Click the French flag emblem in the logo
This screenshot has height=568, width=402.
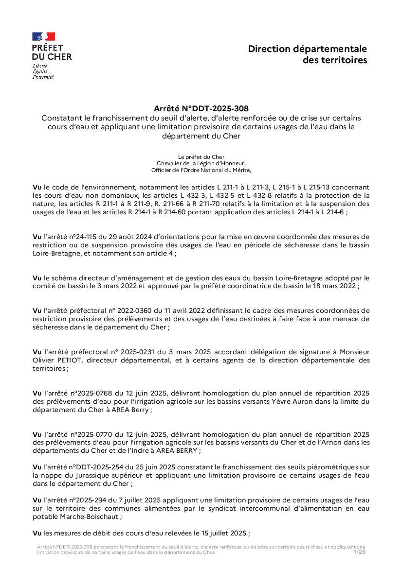click(44, 36)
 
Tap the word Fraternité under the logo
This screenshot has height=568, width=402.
click(43, 77)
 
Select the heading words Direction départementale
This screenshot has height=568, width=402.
click(307, 49)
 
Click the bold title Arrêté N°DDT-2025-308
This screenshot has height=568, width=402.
click(201, 108)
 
